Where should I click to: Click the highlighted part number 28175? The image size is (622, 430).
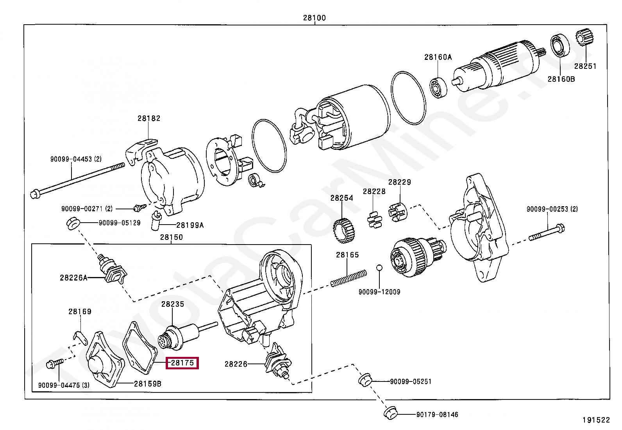click(x=182, y=363)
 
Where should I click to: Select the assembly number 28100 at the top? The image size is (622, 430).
click(x=315, y=18)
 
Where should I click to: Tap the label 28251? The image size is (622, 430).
click(x=585, y=66)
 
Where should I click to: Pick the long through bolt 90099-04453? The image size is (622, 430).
click(x=77, y=179)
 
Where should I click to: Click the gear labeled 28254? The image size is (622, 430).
click(x=344, y=230)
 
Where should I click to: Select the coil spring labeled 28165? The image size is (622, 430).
click(x=349, y=278)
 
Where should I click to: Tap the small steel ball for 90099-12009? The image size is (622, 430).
click(x=379, y=268)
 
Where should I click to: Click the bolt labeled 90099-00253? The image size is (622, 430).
click(x=547, y=232)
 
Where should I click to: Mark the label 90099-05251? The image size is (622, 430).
click(x=411, y=381)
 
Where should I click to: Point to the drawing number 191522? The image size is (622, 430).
click(x=596, y=420)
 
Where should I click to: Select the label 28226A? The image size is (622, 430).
click(x=73, y=277)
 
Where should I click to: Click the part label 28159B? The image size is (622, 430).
click(x=147, y=384)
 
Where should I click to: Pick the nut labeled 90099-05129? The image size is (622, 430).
click(x=73, y=223)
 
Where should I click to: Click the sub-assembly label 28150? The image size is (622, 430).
click(x=172, y=237)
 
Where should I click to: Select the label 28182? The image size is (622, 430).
click(x=149, y=118)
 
